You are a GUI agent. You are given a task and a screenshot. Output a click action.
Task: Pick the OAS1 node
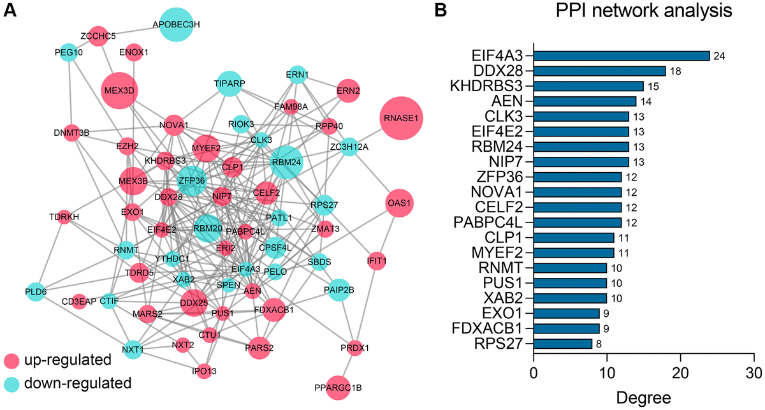point(400,203)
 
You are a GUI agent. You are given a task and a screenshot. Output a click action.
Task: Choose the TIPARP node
point(230,84)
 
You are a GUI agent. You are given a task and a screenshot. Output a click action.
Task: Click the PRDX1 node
point(355,348)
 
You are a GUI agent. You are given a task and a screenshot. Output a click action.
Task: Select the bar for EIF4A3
point(621,55)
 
